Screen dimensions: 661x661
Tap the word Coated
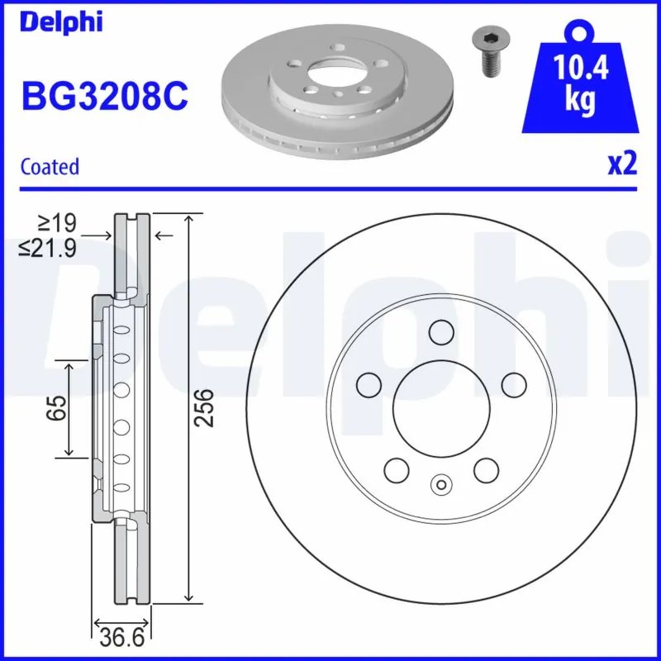[50, 166]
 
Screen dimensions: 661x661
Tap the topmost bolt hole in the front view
[441, 332]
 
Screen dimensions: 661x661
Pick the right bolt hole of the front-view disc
[514, 383]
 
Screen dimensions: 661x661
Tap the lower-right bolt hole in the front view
[486, 470]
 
